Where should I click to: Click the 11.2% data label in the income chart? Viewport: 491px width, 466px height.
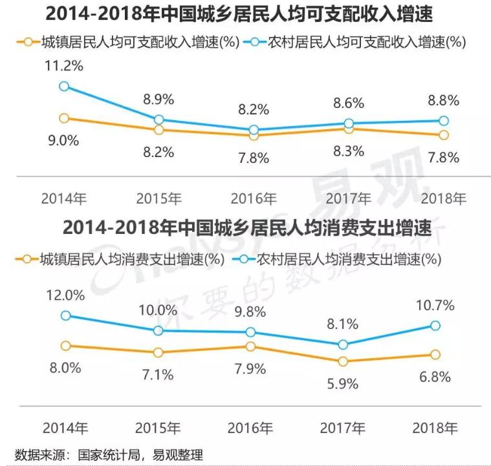pos(64,66)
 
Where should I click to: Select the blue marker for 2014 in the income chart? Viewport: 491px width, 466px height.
pos(64,86)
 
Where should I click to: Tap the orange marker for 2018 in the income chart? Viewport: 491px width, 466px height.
pos(444,135)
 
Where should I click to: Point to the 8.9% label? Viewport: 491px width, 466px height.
pos(158,100)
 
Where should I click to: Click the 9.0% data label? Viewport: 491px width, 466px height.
pos(63,140)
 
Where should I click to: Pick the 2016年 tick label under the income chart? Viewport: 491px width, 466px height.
pos(254,198)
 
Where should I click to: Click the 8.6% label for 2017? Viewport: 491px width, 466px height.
pos(349,103)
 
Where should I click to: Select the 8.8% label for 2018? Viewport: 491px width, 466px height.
pos(444,100)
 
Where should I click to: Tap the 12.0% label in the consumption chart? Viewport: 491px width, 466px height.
pos(65,295)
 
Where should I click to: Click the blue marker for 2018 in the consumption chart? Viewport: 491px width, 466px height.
pos(435,326)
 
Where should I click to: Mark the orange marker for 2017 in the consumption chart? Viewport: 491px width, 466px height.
pos(344,361)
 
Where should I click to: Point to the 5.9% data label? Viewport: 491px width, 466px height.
pos(343,384)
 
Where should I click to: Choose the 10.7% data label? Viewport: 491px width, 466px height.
pos(435,305)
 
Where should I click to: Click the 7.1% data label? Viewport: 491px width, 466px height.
pos(158,375)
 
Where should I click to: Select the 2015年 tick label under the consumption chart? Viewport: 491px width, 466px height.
pos(158,428)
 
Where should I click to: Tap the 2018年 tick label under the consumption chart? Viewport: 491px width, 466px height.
pos(435,428)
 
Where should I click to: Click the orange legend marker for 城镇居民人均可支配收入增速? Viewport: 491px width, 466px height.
pos(28,42)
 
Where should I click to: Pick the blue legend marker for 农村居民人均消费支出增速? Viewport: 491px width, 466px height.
pos(245,259)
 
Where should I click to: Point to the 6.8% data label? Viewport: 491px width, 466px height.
pos(435,377)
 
